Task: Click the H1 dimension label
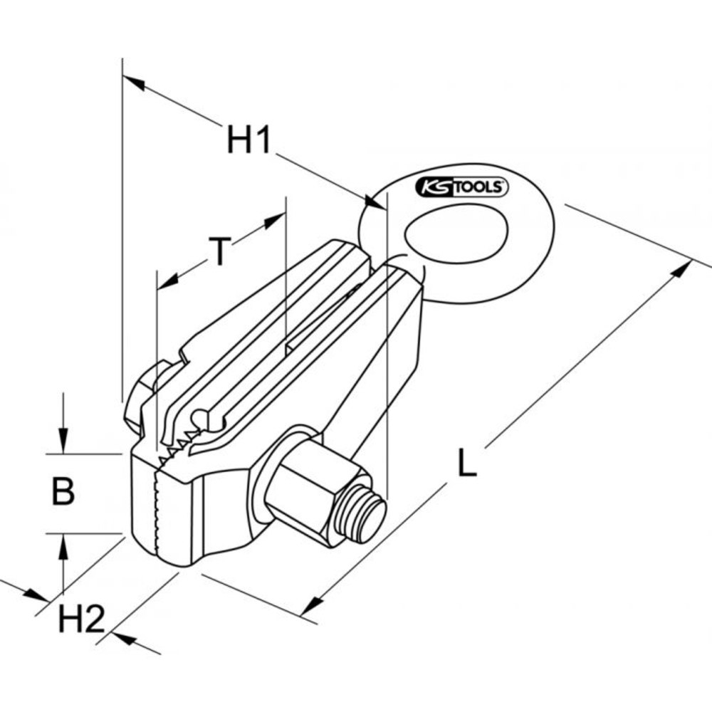[x=248, y=140]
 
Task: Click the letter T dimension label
[x=221, y=252]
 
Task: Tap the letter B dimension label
[x=63, y=491]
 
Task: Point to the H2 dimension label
[x=81, y=620]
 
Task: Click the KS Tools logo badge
[x=461, y=187]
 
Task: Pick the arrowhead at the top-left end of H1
[x=132, y=83]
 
